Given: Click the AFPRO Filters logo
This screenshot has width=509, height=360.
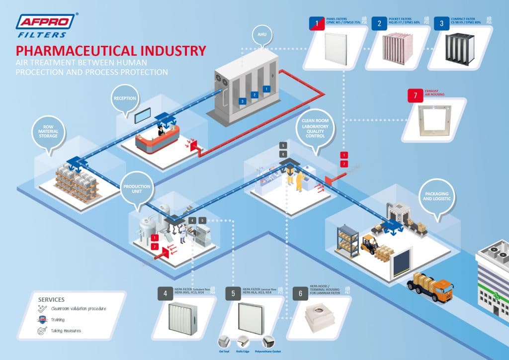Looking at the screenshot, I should [45, 25].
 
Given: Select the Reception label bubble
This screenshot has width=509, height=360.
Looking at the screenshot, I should [125, 98].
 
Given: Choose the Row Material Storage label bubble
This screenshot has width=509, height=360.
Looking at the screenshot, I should [49, 131].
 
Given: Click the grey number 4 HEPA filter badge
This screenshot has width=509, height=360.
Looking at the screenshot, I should [164, 293].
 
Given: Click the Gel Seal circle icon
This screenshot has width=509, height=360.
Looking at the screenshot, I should [223, 342].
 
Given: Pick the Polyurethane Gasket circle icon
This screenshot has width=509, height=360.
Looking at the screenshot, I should [269, 342].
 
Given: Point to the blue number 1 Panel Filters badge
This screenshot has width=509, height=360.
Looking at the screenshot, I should [313, 23].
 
